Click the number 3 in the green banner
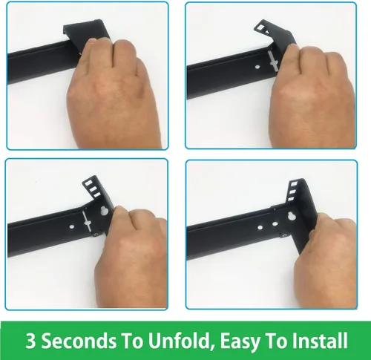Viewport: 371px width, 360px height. tap(30, 341)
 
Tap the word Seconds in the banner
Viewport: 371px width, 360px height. tap(78, 341)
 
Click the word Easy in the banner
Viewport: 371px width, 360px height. tap(240, 342)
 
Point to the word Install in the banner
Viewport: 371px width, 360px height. tap(320, 341)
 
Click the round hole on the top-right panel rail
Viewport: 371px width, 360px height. tap(257, 67)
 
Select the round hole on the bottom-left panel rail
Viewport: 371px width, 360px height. tap(72, 226)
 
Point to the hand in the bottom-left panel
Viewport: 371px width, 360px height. tap(131, 255)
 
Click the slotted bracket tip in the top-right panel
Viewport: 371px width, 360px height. tap(263, 28)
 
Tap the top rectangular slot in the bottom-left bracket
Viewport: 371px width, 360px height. tap(88, 183)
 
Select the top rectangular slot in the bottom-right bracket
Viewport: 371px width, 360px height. tap(294, 184)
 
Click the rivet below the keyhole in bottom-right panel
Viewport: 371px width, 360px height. tap(284, 235)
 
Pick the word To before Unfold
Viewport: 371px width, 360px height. tap(131, 341)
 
